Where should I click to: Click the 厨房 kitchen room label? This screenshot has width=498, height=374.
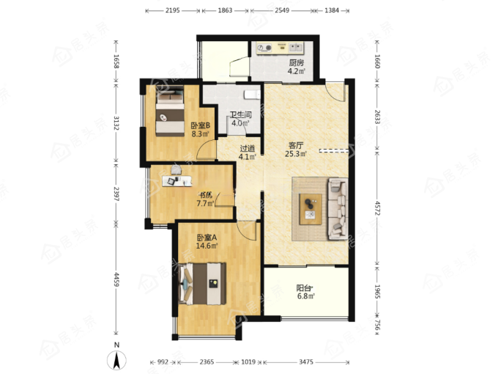point(297,63)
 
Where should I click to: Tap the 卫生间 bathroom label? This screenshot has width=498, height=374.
point(241,114)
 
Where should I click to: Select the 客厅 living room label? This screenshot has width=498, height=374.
point(296,146)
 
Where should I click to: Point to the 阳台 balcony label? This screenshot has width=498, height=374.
point(304,288)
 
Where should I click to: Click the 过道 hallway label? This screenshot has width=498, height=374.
point(248,149)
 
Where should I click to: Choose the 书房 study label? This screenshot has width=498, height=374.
point(205,194)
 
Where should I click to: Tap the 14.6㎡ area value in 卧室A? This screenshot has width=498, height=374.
point(207,246)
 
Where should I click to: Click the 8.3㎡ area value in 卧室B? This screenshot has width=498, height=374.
point(200,134)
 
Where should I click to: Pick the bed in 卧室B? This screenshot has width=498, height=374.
point(170,111)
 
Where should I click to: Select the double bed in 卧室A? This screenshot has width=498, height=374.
point(202,283)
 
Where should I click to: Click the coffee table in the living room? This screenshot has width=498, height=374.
point(311,209)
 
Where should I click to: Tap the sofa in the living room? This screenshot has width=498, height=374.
point(338,208)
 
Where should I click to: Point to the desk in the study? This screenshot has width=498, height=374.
point(177,181)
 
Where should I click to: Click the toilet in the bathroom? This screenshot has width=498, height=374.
point(252,95)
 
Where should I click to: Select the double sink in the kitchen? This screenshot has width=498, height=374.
point(296,48)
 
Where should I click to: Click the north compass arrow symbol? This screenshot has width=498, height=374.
point(116,360)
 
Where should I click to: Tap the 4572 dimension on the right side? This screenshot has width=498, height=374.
point(377,208)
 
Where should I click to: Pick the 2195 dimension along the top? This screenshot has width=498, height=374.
point(172,10)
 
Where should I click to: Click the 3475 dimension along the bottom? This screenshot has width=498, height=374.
point(306,362)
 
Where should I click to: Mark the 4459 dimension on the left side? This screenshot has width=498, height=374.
point(116,279)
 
